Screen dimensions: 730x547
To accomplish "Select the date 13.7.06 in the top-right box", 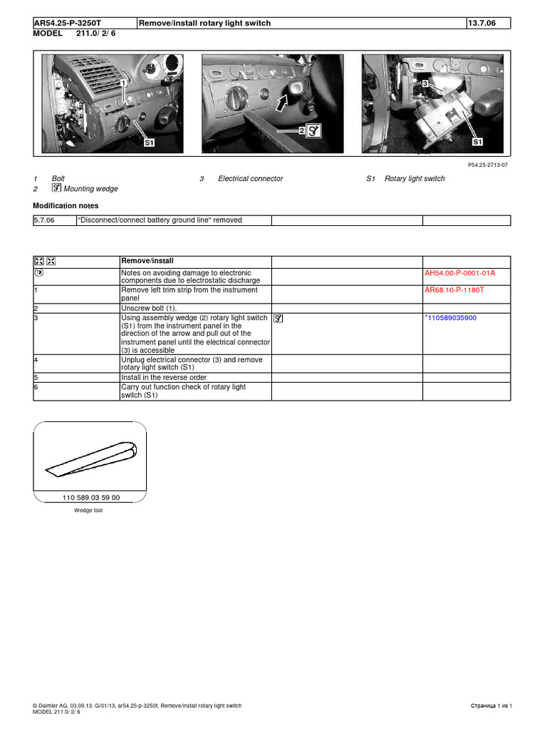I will [x=481, y=24].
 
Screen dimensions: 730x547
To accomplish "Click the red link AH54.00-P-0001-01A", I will [x=459, y=273].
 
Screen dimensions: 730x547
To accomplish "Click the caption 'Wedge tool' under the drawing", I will [x=88, y=510].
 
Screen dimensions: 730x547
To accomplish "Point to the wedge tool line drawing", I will [x=90, y=459].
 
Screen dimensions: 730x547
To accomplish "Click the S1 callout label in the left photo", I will [x=150, y=143].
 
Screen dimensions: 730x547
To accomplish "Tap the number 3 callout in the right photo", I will [x=425, y=84].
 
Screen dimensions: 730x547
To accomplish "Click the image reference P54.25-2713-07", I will [x=488, y=165].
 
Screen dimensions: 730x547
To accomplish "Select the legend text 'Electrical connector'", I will [x=251, y=179].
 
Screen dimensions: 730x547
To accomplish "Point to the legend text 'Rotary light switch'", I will [x=415, y=179].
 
